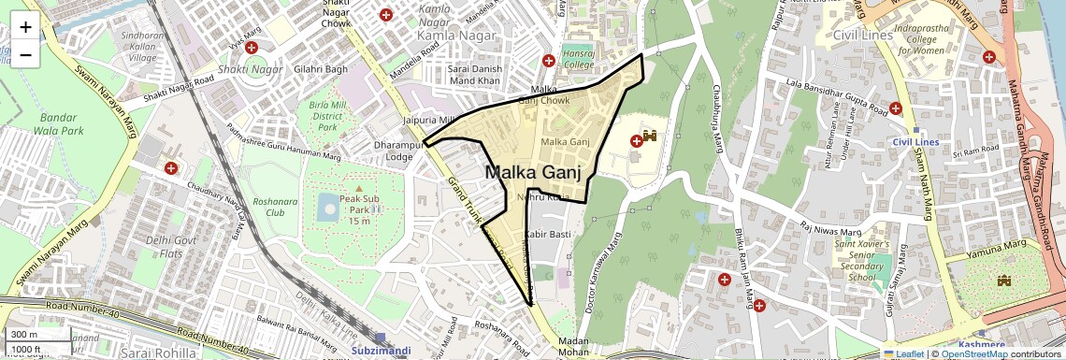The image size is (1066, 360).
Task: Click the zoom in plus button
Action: coord(25,26)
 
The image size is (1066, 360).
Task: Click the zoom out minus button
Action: coord(25,54)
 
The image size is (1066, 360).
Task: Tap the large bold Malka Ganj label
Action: coord(533,172)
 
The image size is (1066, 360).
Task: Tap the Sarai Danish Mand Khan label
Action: coord(474,76)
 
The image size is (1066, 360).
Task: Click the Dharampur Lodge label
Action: coord(399,151)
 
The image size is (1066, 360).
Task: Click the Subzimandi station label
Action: coord(381,350)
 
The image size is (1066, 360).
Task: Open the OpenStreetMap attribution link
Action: coord(973,353)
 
